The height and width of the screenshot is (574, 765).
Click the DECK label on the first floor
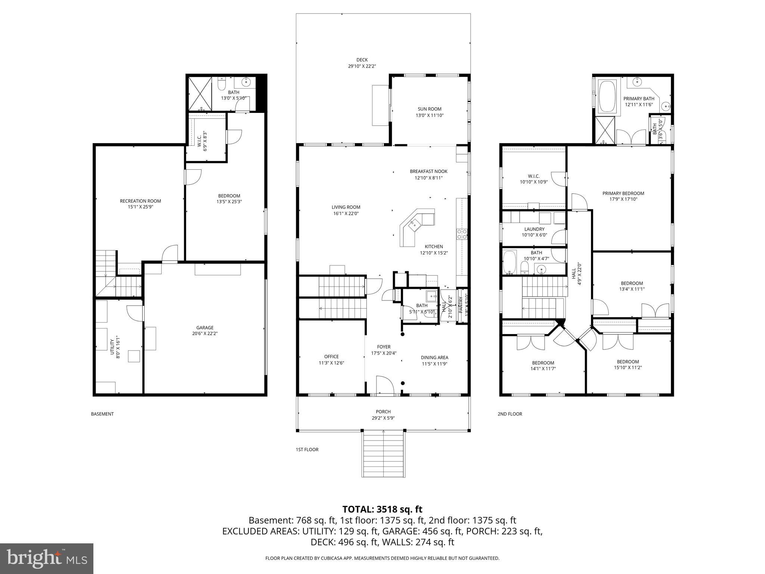click(x=362, y=60)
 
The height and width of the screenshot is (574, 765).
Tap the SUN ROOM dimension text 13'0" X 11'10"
click(x=430, y=115)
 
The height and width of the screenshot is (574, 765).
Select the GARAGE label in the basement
click(x=205, y=328)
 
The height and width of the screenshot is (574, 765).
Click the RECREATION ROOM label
click(x=140, y=201)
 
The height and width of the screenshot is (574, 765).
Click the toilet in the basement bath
click(x=222, y=85)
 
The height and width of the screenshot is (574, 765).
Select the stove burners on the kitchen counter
click(x=462, y=234)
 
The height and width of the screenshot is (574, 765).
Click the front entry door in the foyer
click(x=384, y=385)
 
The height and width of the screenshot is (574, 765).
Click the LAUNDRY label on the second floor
click(x=534, y=229)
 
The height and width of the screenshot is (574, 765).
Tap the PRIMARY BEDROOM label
click(x=623, y=193)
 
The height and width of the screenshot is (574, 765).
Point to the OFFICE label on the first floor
click(x=331, y=357)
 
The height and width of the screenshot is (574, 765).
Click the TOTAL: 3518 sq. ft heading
click(x=382, y=509)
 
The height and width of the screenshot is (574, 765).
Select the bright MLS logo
click(x=47, y=558)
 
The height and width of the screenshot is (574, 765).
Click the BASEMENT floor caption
click(x=102, y=414)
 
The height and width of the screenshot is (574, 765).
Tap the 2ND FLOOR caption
click(x=510, y=414)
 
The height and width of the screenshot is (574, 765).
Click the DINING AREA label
click(x=434, y=357)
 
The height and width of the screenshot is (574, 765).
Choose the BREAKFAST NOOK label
click(x=428, y=172)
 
